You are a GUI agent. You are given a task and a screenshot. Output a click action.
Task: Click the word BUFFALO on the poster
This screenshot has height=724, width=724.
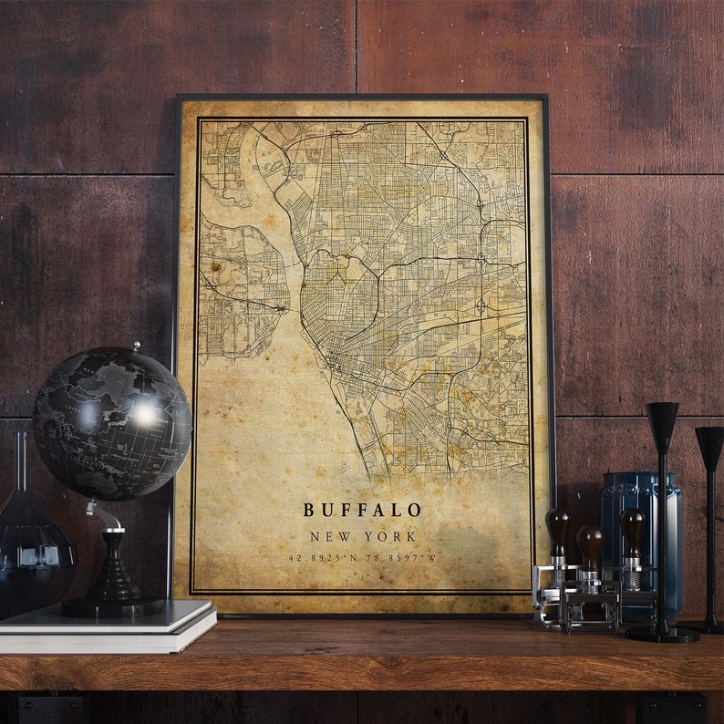coord(362,510)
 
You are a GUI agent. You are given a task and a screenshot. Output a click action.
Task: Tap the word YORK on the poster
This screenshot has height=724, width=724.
coord(388,537)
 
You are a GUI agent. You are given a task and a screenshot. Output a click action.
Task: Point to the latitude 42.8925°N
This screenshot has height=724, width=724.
coord(326,557)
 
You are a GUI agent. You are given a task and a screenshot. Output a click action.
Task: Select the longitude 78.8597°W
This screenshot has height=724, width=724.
coord(400,557)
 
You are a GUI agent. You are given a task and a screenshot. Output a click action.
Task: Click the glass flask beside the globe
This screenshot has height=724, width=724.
coord(32,547)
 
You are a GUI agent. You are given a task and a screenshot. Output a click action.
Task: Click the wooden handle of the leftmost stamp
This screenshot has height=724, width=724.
coord(557,529)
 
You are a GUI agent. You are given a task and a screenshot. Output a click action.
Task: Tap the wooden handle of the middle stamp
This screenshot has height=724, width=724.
coord(590,543)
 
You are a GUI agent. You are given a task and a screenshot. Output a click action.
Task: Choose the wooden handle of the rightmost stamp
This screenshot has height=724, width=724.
coord(632,527)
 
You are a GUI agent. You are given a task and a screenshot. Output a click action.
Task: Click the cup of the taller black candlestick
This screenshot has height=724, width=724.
coord(662,422)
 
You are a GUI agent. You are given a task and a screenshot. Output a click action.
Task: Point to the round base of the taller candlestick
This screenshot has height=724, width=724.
coord(663,633)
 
